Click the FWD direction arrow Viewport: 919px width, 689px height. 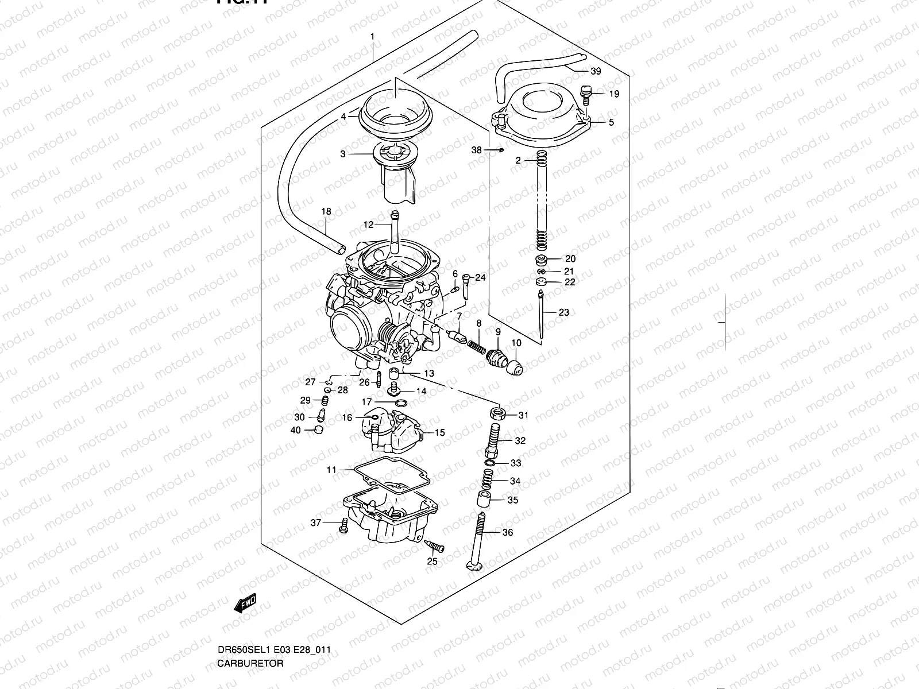pos(246,604)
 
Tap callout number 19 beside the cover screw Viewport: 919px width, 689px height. pos(614,94)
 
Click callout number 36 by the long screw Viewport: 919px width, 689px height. pos(507,533)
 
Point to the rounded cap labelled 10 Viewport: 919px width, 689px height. pos(516,366)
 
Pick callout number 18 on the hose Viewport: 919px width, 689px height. pos(326,212)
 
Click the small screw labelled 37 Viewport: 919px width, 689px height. pos(344,525)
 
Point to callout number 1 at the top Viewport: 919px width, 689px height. pos(372,37)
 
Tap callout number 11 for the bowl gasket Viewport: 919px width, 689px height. pos(331,470)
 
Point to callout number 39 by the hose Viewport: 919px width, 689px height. pos(596,71)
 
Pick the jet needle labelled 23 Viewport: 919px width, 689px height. pos(541,316)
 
